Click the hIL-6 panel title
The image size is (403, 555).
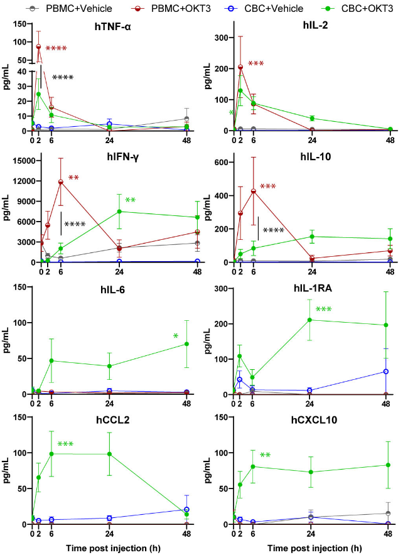[x=117, y=290]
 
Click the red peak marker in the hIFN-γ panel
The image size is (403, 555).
[x=61, y=182]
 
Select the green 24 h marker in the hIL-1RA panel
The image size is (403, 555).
[x=309, y=320]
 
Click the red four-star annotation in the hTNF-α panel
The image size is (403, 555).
[x=56, y=49]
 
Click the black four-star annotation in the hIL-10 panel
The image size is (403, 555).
[x=274, y=230]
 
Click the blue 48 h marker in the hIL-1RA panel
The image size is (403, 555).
[x=385, y=372]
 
